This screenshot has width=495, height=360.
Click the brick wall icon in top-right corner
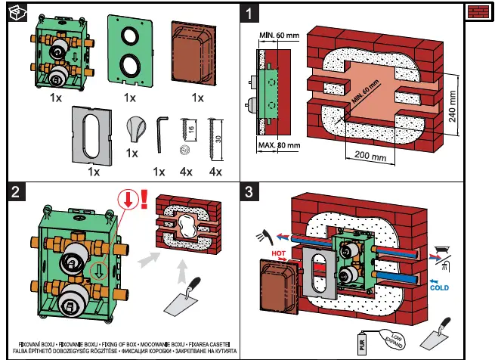pyautogui.click(x=478, y=12)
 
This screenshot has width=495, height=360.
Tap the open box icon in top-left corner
pyautogui.click(x=14, y=13)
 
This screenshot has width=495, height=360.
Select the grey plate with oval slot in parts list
pyautogui.click(x=92, y=135)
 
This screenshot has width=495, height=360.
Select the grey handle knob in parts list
pyautogui.click(x=133, y=129)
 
